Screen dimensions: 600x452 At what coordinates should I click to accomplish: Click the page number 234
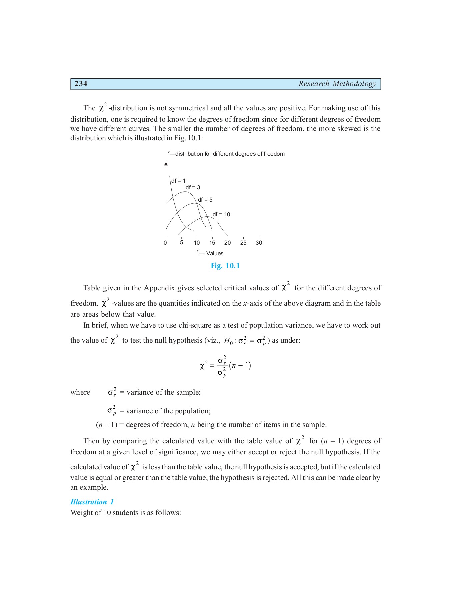81,84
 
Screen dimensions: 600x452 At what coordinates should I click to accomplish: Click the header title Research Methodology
337,84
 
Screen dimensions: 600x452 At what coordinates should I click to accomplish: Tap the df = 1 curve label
178,181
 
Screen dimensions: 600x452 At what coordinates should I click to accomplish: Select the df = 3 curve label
193,187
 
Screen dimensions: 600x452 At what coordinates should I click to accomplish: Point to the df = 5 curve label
205,200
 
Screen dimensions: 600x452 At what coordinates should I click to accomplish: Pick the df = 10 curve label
221,214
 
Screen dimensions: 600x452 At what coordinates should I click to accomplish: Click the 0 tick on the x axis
165,243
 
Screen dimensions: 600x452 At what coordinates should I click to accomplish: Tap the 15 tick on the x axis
212,243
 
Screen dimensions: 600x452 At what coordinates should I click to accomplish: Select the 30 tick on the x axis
259,243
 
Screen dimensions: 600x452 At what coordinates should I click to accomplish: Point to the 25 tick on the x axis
243,243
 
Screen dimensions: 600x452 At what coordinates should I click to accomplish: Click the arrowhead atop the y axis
166,164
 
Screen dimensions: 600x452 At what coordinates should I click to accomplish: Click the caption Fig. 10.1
225,266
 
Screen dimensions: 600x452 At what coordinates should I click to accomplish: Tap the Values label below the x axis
214,253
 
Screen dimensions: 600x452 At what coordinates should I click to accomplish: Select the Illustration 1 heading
92,502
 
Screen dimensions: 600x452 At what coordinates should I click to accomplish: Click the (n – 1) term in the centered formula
240,365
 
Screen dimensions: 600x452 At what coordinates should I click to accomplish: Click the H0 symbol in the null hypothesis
228,341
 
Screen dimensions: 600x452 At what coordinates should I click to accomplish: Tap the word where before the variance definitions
80,392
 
